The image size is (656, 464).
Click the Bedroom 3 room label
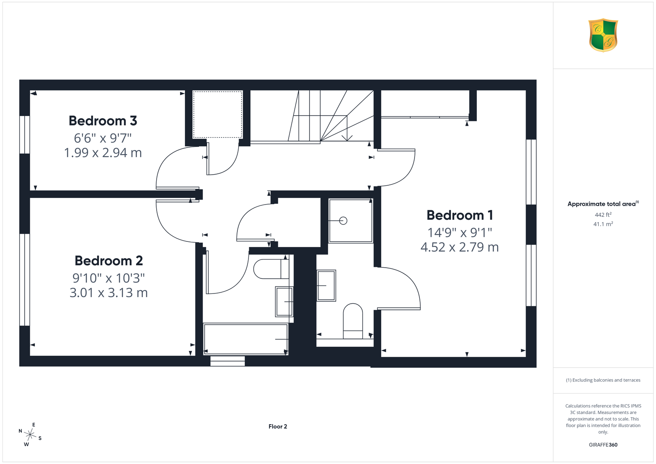tap(103, 121)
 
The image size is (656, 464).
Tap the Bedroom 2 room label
tap(109, 261)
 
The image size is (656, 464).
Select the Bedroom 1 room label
tap(460, 215)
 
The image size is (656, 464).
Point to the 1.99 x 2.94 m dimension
tap(103, 152)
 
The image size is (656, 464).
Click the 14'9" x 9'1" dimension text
tap(460, 232)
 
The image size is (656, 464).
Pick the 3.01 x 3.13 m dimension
tap(109, 292)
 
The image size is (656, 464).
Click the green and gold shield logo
tap(603, 35)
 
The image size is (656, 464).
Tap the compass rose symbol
tap(30, 435)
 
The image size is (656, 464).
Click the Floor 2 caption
tap(278, 427)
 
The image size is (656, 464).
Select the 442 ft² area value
tap(603, 215)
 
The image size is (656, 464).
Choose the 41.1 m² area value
tap(603, 224)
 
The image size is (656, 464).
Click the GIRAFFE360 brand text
tap(603, 445)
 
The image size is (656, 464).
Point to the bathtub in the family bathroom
tap(246, 339)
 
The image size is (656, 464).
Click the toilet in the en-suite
tap(353, 321)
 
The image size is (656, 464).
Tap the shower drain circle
tap(343, 221)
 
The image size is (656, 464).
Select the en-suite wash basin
tap(326, 285)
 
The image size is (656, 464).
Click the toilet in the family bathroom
tap(271, 269)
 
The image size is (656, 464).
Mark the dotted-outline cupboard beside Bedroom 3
tap(218, 114)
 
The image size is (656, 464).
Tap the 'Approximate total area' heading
tap(603, 204)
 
